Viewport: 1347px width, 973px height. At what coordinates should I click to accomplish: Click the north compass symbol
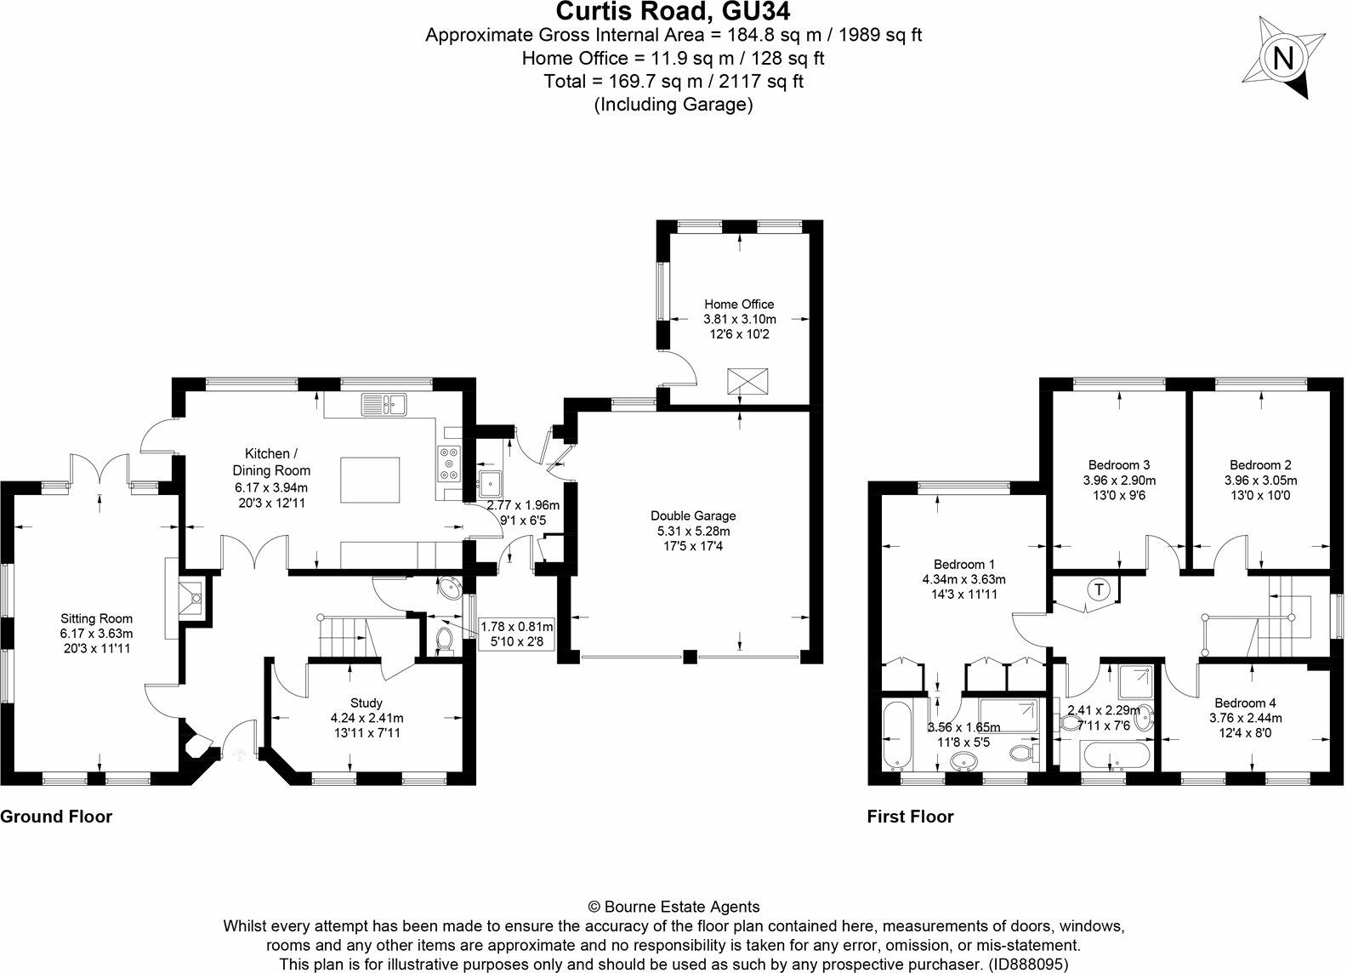point(1284,58)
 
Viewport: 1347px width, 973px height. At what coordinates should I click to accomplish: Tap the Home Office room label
point(739,304)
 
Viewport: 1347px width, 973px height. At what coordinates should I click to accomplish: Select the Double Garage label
point(693,515)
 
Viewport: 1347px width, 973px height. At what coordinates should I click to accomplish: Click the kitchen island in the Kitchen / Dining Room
point(370,481)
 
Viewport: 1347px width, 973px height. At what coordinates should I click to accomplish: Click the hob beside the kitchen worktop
point(449,464)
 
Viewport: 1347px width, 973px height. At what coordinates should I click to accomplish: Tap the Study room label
point(367,703)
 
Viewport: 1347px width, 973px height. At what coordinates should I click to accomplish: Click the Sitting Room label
point(96,618)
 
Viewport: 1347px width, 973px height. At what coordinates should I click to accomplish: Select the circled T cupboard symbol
point(1100,589)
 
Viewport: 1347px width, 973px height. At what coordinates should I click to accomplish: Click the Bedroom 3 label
point(1119,465)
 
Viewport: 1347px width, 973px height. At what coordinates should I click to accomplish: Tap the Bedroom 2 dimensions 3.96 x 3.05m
point(1260,480)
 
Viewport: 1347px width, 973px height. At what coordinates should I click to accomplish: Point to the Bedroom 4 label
point(1245,703)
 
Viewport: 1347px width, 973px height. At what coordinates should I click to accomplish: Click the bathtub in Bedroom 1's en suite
point(895,732)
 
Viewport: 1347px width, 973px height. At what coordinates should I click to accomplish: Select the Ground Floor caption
point(56,817)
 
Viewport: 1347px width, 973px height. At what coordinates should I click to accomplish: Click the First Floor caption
point(910,817)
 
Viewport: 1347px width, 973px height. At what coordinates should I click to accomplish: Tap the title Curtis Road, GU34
point(673,12)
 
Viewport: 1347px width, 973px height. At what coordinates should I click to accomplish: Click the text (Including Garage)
point(673,105)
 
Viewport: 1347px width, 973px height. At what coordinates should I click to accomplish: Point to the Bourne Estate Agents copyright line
point(673,907)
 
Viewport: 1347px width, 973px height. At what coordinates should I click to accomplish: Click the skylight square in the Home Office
point(748,381)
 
